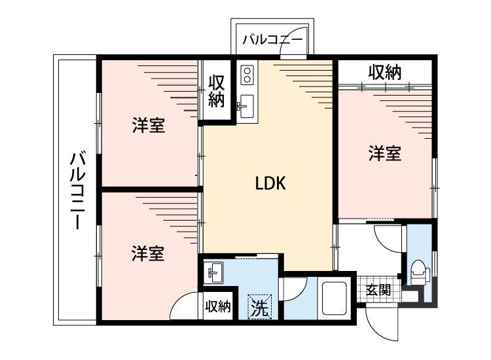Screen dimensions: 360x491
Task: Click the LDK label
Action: click(270, 184)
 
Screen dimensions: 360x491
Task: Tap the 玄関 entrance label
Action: click(378, 289)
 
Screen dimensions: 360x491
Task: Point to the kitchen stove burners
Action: click(247, 75)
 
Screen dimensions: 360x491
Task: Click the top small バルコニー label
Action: click(272, 40)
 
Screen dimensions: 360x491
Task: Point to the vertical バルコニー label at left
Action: click(77, 190)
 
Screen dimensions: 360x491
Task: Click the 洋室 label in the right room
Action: click(384, 154)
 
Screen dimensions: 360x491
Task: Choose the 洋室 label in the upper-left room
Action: click(149, 126)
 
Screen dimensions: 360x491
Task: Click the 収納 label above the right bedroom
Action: click(384, 73)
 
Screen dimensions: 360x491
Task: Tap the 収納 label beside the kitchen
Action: click(217, 91)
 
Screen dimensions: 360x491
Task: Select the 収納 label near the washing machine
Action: click(218, 307)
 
